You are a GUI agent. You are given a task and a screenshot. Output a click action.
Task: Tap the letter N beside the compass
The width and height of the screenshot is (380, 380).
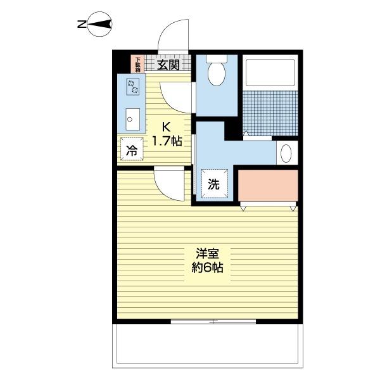tap(81, 25)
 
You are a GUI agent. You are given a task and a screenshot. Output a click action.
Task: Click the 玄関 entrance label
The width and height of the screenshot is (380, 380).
tap(168, 63)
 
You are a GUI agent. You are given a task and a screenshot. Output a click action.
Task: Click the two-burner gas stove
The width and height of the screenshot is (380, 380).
tap(133, 86)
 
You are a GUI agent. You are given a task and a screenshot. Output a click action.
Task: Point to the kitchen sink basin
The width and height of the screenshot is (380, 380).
tap(132, 118)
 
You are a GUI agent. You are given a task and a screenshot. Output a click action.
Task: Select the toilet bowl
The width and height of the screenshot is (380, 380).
tap(215, 73)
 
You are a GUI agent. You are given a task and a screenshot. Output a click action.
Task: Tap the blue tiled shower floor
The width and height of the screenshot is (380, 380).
tap(270, 112)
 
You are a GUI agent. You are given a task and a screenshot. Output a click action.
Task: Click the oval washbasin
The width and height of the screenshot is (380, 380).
tap(286, 153)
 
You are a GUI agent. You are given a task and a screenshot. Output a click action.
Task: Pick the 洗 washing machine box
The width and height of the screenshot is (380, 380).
tap(214, 184)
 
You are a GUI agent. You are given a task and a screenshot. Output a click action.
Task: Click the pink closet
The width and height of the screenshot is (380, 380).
tap(268, 186)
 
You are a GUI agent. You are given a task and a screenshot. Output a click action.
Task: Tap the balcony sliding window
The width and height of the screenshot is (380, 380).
tap(213, 322)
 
